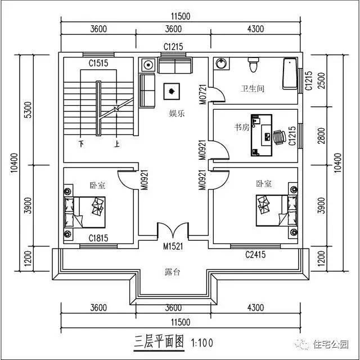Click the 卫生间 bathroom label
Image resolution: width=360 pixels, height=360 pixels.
click(252, 88)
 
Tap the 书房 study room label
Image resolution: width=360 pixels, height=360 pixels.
click(241, 128)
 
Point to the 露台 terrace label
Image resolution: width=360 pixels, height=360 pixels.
click(172, 272)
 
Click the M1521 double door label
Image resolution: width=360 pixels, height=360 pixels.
click(173, 246)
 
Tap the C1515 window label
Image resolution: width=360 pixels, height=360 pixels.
click(98, 64)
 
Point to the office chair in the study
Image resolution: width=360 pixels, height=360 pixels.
click(278, 136)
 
